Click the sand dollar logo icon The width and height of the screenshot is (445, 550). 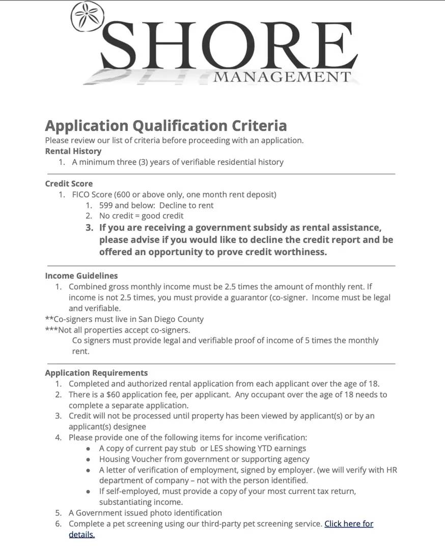coord(88,17)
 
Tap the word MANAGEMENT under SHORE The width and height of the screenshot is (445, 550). coord(282,77)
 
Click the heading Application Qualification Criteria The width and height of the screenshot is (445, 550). coord(166,125)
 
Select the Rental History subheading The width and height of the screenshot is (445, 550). coord(73,151)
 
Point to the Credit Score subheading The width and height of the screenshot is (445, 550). coord(69,183)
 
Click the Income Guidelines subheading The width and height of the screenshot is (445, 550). coord(81,276)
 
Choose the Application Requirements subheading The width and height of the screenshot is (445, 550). coord(96,373)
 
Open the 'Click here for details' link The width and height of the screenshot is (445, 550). coord(348,524)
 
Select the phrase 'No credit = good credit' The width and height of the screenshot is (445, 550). coord(141,216)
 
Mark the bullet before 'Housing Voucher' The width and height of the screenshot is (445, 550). coord(89,459)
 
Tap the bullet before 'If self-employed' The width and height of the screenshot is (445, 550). coord(89,491)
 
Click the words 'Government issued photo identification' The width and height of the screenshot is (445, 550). coord(149,513)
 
